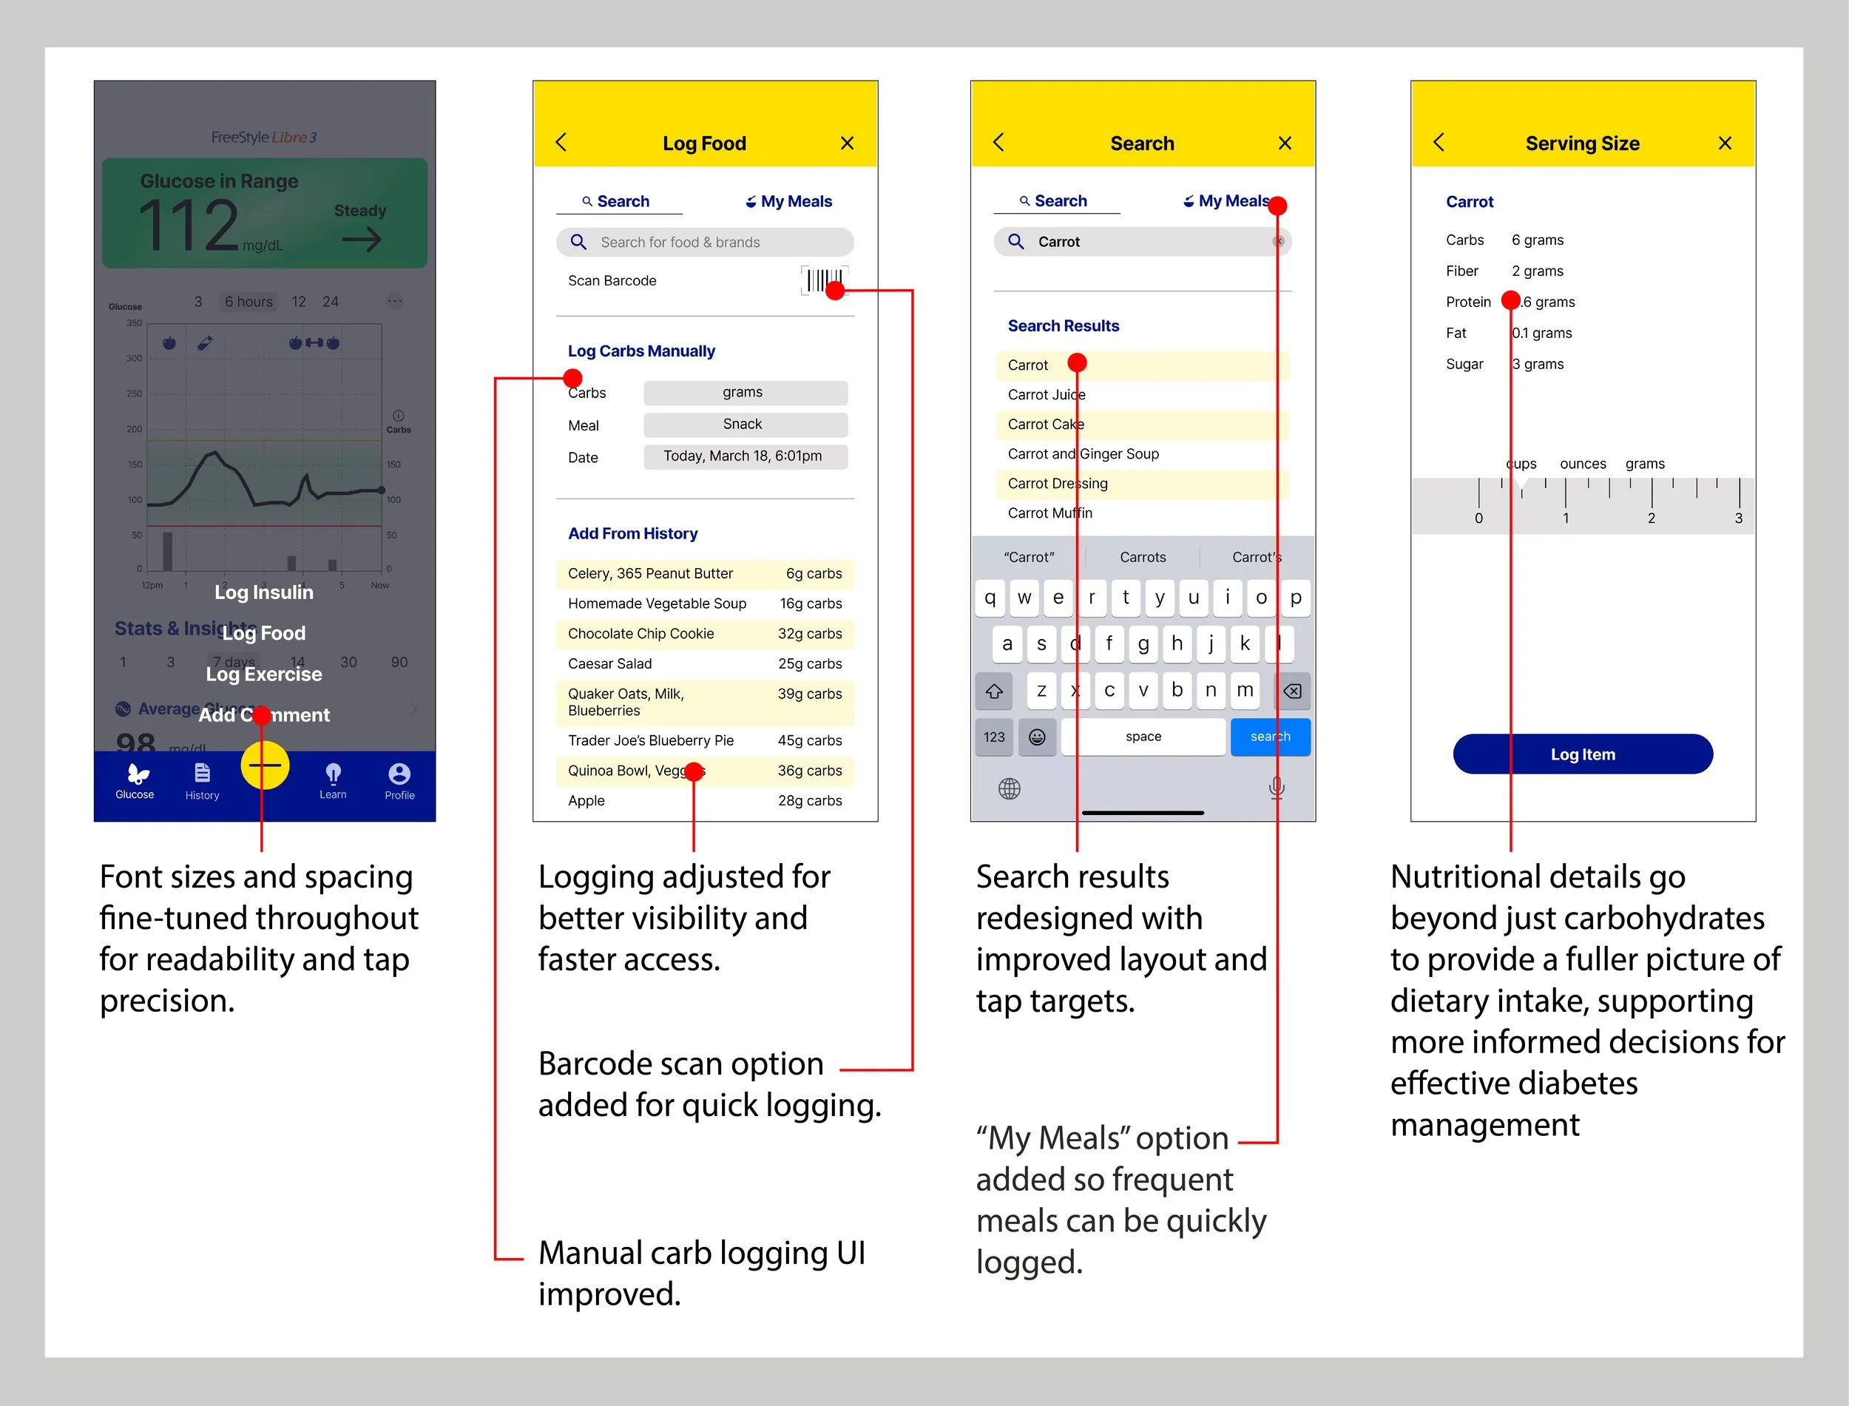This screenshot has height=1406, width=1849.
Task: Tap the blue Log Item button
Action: (1582, 754)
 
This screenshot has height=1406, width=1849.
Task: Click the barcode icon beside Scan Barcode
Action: (822, 280)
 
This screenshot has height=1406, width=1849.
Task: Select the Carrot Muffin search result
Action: (1049, 513)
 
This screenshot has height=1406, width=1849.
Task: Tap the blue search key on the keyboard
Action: (1269, 737)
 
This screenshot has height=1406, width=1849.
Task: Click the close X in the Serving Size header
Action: (1724, 143)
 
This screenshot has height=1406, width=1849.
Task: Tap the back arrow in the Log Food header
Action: (561, 143)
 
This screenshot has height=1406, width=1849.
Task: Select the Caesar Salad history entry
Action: (610, 663)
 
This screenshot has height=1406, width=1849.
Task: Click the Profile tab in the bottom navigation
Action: (399, 781)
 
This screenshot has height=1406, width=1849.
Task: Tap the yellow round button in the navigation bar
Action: (264, 765)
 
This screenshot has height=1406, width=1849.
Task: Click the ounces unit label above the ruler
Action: (1582, 464)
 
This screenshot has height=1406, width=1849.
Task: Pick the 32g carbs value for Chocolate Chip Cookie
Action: (809, 634)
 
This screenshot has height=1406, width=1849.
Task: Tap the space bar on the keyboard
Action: (1143, 737)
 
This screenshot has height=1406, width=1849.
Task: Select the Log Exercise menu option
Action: (263, 674)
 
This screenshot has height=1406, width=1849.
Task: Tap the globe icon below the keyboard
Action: (1009, 788)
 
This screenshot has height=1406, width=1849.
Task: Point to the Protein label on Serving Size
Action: (1467, 302)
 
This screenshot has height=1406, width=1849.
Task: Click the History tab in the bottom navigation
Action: (202, 781)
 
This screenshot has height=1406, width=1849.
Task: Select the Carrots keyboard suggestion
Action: (1142, 558)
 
